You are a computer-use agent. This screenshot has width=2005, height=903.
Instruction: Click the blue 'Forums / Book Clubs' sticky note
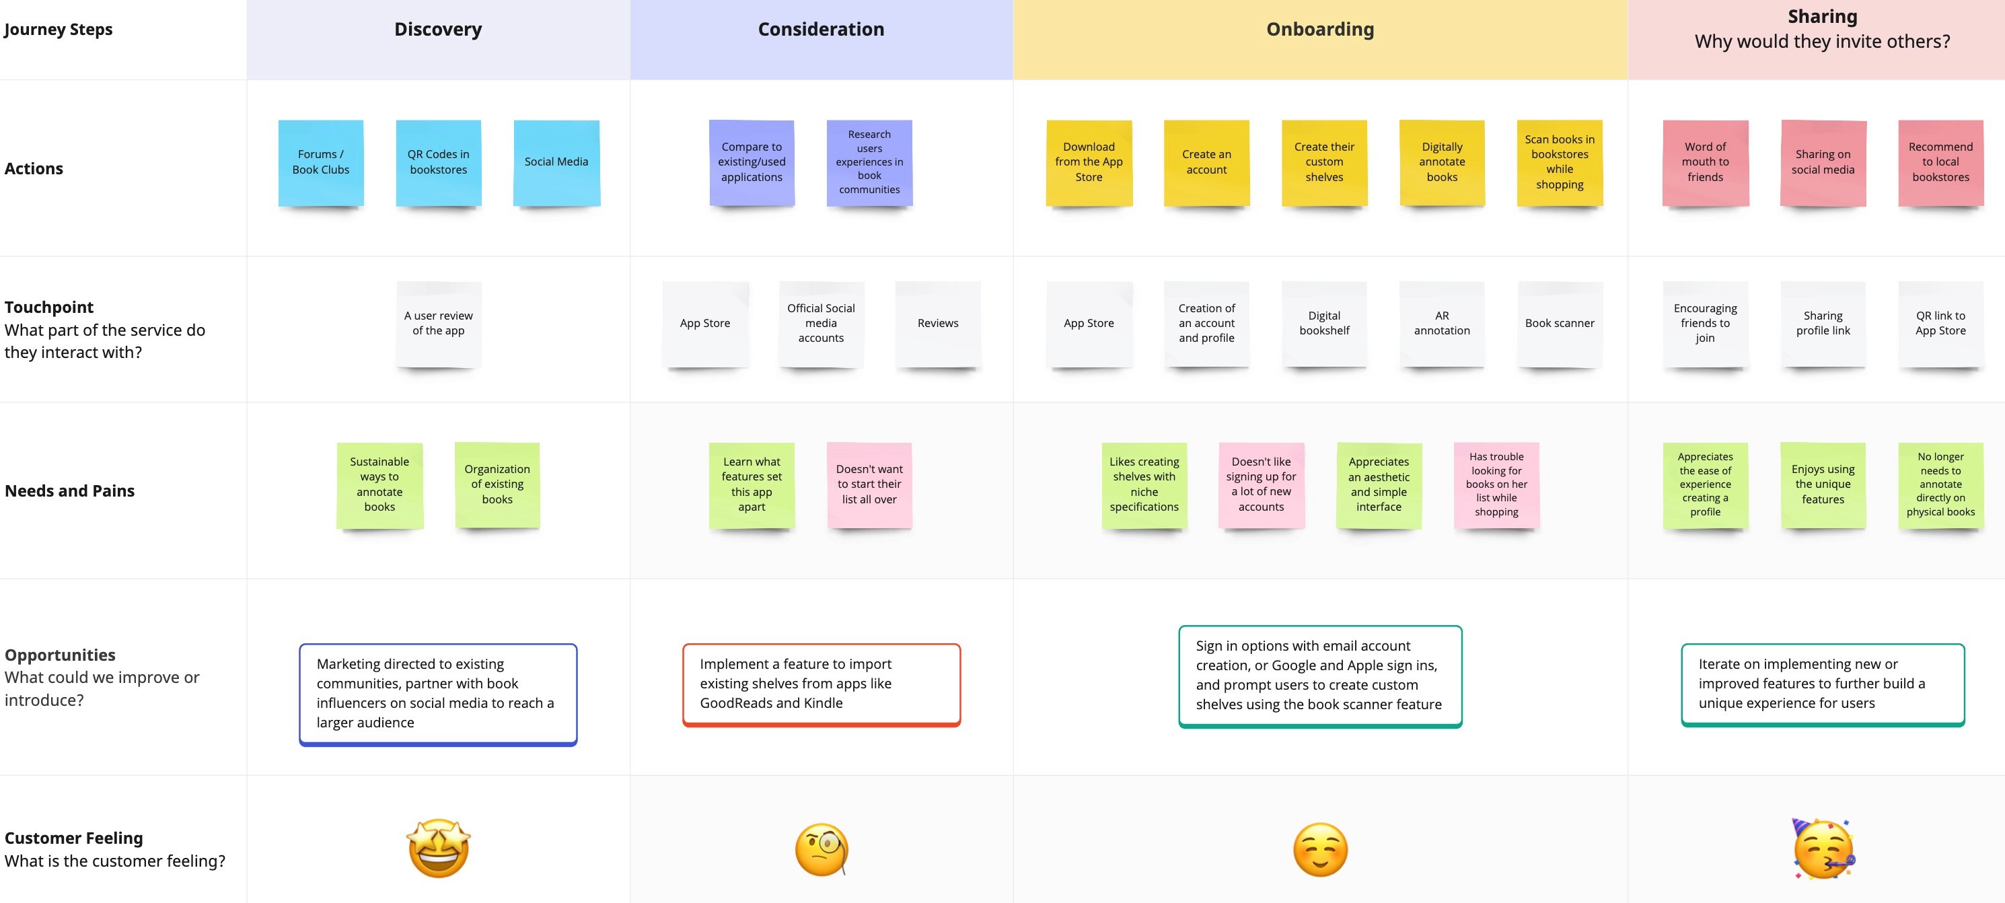(x=321, y=162)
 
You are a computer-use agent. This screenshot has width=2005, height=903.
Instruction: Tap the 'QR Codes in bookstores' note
(x=438, y=162)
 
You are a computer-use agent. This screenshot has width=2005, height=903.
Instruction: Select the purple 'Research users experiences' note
(x=869, y=162)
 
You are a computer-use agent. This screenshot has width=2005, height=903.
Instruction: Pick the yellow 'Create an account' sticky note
(x=1206, y=162)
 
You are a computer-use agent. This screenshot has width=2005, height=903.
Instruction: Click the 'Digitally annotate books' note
(x=1441, y=162)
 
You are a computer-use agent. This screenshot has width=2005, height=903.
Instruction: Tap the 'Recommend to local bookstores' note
(x=1940, y=162)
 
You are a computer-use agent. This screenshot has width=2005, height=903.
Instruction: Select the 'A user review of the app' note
(x=438, y=323)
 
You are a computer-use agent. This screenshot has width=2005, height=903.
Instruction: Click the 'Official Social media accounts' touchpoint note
(x=820, y=323)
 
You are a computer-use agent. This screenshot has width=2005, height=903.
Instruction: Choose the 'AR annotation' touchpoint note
(x=1441, y=323)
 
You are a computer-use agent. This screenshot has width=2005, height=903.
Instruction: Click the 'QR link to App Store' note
(x=1940, y=323)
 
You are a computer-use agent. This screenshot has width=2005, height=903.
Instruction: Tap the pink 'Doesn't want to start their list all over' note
(x=869, y=484)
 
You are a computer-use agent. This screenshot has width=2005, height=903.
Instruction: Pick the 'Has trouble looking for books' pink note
(x=1496, y=484)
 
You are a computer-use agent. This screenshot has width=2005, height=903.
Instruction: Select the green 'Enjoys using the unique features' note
(x=1823, y=484)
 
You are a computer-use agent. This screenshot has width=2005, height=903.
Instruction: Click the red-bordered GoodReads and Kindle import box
(x=821, y=684)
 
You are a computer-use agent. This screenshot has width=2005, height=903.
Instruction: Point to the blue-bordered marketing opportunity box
(x=438, y=694)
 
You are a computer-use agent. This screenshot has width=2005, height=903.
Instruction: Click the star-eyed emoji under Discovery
(x=439, y=848)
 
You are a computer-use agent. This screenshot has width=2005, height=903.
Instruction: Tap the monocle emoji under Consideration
(x=821, y=849)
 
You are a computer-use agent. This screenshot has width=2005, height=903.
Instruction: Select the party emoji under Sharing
(x=1823, y=848)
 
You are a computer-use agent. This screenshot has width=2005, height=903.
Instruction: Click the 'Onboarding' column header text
(x=1320, y=30)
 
